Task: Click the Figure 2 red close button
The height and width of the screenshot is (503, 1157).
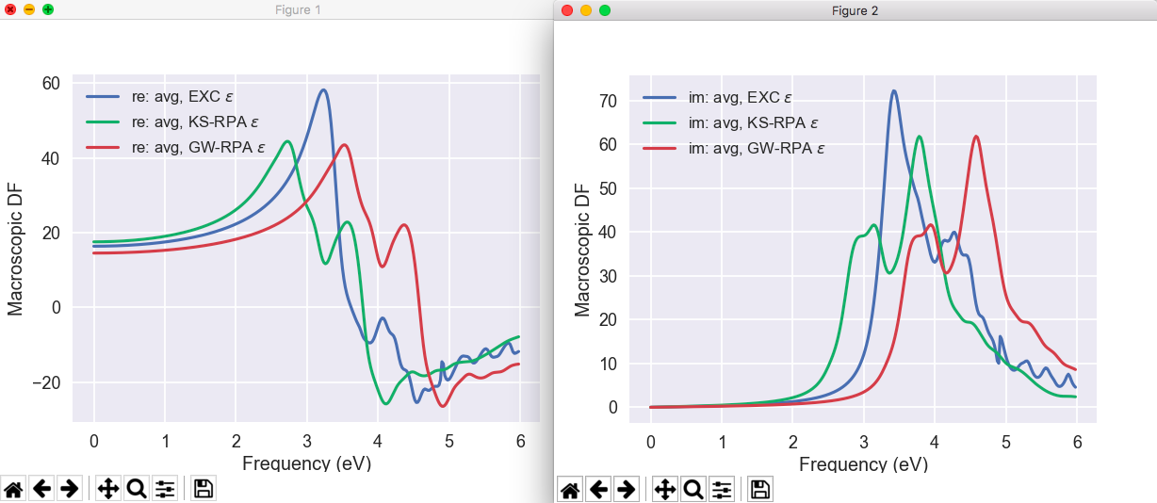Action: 566,10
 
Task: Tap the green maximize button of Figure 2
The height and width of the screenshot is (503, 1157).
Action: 605,10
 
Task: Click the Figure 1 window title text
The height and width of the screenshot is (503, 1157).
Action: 298,9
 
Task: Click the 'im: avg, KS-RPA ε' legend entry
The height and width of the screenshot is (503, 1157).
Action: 731,122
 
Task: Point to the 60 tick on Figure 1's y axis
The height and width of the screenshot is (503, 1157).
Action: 51,84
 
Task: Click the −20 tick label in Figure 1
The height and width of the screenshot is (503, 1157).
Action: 44,382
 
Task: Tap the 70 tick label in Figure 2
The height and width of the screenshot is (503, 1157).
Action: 608,101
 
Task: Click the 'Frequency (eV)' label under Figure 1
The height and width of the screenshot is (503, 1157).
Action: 306,463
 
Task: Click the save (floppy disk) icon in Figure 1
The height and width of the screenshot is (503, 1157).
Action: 204,488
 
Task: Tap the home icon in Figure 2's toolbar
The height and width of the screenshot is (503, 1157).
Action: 570,488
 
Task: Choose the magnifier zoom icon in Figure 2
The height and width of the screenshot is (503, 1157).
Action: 693,488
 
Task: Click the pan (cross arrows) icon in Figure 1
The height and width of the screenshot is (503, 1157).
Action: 107,488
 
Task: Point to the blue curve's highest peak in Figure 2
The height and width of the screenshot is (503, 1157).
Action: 893,91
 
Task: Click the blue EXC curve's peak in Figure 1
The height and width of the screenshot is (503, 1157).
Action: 323,90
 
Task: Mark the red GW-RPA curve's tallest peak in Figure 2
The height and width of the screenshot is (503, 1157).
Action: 976,137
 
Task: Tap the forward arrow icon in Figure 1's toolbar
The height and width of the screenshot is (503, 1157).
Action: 68,488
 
